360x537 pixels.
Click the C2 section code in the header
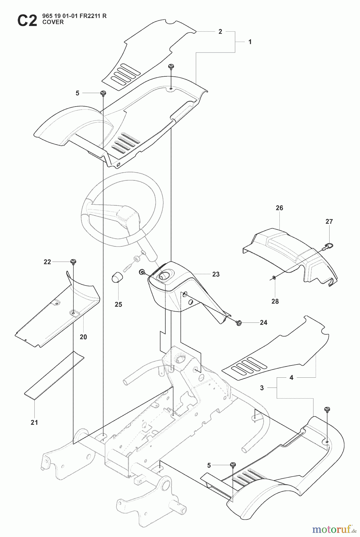[27, 21]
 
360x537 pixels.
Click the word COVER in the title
[53, 22]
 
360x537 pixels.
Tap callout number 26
[279, 208]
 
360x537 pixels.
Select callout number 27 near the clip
[329, 221]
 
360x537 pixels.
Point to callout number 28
[275, 301]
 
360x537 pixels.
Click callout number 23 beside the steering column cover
[216, 274]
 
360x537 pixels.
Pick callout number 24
[263, 322]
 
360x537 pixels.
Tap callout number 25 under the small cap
[118, 305]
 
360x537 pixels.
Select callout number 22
[47, 262]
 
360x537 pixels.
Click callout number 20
[83, 337]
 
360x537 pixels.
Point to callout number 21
[34, 422]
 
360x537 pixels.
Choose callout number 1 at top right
[250, 42]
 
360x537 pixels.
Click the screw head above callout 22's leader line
[73, 262]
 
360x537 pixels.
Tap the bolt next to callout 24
[239, 322]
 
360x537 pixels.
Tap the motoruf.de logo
[334, 530]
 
